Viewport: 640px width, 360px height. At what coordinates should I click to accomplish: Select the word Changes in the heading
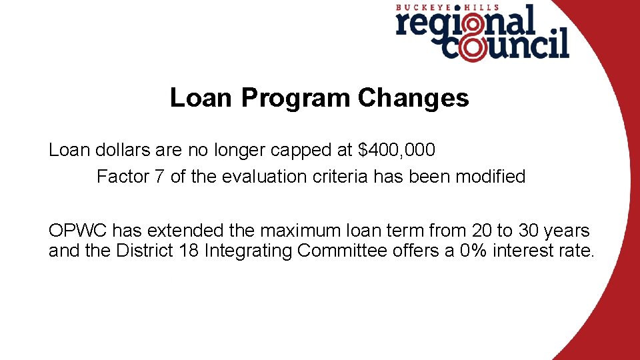click(x=413, y=98)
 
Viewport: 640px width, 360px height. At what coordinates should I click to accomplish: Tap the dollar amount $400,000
click(x=397, y=150)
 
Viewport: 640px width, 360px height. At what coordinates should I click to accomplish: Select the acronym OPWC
click(x=78, y=231)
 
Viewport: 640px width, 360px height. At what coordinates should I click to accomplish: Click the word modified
click(x=490, y=177)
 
